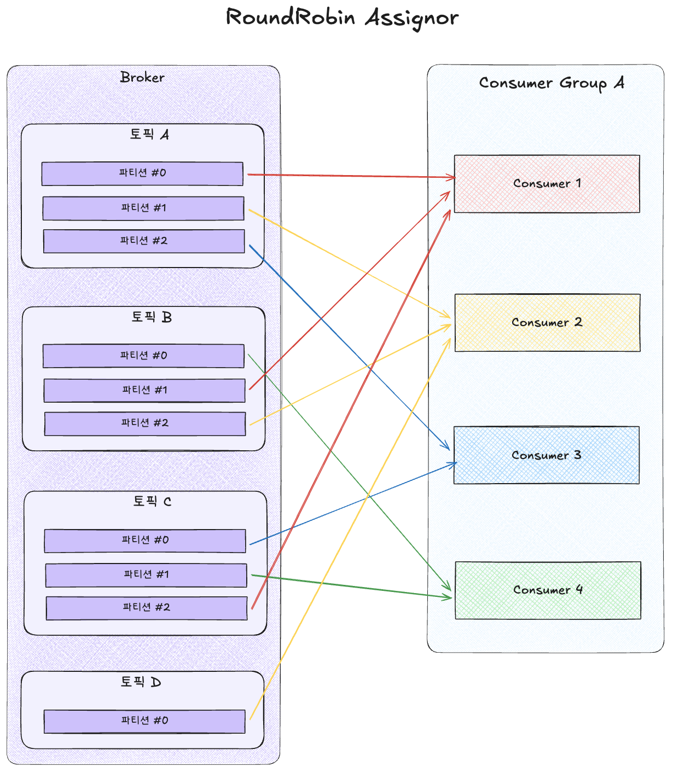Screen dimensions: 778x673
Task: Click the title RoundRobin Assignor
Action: (x=342, y=18)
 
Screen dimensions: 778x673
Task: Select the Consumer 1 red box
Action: (x=547, y=184)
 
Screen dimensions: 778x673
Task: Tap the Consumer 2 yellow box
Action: (x=547, y=323)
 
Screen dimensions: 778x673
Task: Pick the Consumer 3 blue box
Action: (x=546, y=455)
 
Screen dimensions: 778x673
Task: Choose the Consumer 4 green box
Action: (x=548, y=590)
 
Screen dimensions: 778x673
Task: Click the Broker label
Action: (x=142, y=78)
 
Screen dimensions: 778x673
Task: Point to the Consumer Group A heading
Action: (x=551, y=83)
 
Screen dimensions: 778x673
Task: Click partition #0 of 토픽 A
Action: (x=142, y=173)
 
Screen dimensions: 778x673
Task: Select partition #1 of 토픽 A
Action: (x=143, y=208)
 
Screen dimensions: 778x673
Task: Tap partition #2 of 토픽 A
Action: (x=144, y=241)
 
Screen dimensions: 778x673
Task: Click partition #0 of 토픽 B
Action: (x=143, y=356)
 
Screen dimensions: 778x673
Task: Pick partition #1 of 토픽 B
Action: (x=144, y=391)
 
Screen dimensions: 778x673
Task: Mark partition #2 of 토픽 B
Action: (x=145, y=423)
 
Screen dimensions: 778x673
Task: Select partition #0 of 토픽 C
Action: (x=145, y=541)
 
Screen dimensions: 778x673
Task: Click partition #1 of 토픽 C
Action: (x=146, y=575)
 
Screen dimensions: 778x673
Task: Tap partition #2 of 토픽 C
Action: (x=147, y=608)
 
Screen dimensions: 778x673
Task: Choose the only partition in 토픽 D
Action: (x=144, y=721)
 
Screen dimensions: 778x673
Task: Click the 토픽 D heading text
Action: (x=141, y=682)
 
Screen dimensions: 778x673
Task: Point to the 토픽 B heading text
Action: (x=152, y=317)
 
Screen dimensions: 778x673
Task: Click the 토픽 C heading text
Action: (x=152, y=502)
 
